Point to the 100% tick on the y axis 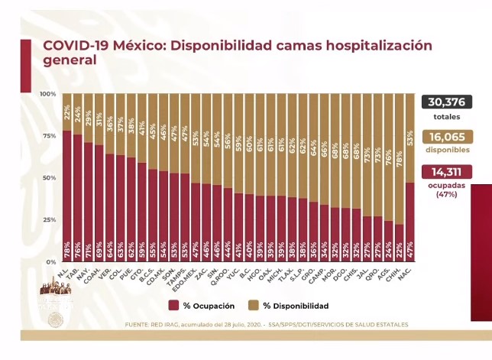[48, 94]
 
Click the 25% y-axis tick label [50, 220]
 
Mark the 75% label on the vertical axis [50, 136]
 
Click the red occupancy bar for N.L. [67, 199]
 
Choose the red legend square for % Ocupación [173, 306]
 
